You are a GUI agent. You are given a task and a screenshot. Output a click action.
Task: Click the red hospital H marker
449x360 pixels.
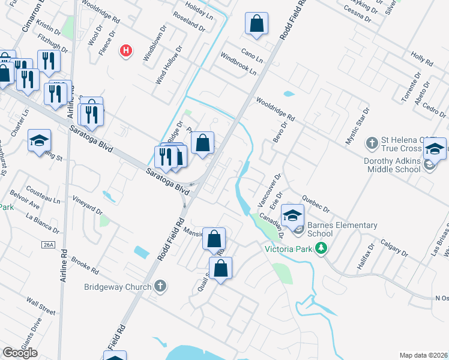tap(126, 51)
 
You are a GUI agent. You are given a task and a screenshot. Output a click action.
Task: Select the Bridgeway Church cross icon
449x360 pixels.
tap(160, 287)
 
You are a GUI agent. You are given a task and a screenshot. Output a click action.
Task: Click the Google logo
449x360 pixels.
tap(20, 353)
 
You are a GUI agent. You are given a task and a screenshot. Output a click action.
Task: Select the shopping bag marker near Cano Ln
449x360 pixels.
tap(256, 25)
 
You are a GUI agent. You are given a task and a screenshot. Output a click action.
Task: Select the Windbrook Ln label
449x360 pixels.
tap(238, 64)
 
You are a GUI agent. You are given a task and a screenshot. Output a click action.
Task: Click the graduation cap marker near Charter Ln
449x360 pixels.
tap(40, 140)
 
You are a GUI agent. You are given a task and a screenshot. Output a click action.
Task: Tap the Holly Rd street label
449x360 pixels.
tap(422, 58)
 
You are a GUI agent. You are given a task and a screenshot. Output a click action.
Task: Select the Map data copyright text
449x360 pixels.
tap(424, 355)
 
